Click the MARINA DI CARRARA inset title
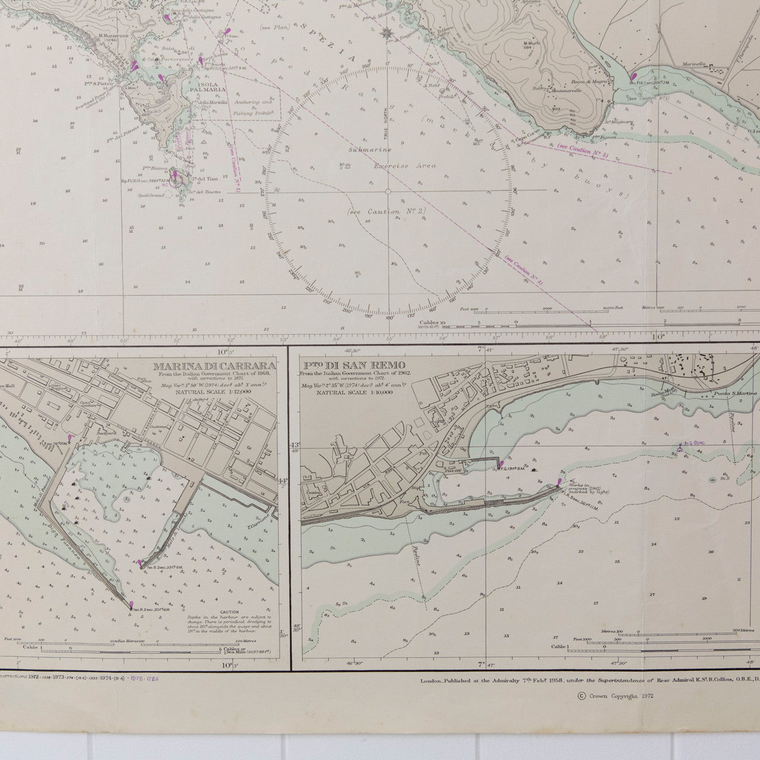tap(214, 366)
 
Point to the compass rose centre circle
tap(388, 191)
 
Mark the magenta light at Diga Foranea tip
tap(132, 605)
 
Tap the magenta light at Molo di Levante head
tap(140, 563)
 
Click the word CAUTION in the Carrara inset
tap(229, 612)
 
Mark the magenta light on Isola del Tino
tap(175, 176)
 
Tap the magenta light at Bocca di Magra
tap(634, 76)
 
